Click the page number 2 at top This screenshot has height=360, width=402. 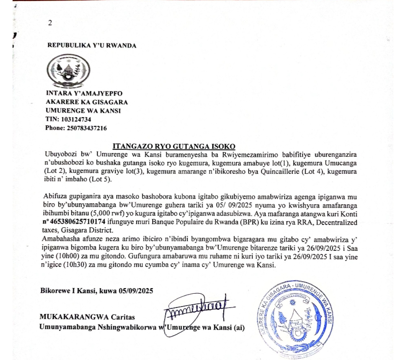(x=50, y=23)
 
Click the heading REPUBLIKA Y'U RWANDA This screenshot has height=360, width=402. (x=92, y=45)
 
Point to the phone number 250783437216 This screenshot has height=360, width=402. (x=86, y=128)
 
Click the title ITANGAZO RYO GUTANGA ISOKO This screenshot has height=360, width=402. (x=174, y=146)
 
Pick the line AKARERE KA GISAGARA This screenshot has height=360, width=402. (x=86, y=102)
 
